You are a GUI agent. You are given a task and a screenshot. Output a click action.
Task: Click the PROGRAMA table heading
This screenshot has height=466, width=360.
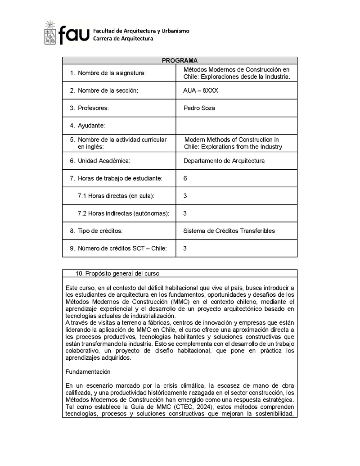point(180,60)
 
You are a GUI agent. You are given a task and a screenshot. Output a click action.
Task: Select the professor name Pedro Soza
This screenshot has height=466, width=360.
point(199,108)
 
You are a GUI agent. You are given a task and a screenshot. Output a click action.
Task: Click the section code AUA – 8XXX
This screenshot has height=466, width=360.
point(201,90)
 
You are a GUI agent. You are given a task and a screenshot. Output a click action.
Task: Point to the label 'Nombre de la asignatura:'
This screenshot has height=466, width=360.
point(112,73)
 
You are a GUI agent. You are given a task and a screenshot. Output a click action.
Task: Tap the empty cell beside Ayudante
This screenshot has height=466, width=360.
point(236,126)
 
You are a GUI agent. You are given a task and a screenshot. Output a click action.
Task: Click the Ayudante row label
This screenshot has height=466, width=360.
point(91,126)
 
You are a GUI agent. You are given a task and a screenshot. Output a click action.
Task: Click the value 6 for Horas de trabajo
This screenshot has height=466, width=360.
point(185,178)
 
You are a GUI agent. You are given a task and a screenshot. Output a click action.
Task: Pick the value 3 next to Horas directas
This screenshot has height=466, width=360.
point(185,196)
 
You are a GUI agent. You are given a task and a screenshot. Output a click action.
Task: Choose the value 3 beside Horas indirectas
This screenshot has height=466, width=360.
point(185,213)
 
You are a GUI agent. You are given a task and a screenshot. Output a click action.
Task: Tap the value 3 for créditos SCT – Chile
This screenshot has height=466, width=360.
point(185,248)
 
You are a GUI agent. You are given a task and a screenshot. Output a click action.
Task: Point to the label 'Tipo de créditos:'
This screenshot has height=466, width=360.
point(100,231)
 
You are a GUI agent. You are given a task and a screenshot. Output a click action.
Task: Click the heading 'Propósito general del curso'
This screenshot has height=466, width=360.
point(122,273)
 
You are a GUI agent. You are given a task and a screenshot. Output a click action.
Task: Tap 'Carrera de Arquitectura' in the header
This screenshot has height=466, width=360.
point(123,39)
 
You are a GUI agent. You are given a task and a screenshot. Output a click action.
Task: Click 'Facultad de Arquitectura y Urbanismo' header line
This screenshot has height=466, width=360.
point(141,31)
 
